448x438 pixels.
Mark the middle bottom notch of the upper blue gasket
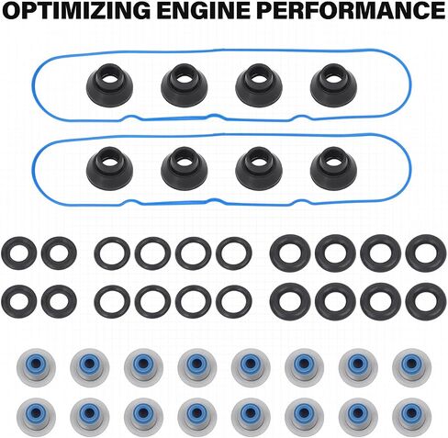[214, 116]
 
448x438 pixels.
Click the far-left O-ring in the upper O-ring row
[19, 253]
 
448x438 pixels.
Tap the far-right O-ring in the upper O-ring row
[424, 253]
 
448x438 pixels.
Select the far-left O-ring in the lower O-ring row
[19, 302]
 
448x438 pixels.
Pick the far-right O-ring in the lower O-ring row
[424, 302]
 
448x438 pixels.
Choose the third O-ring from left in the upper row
[112, 253]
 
